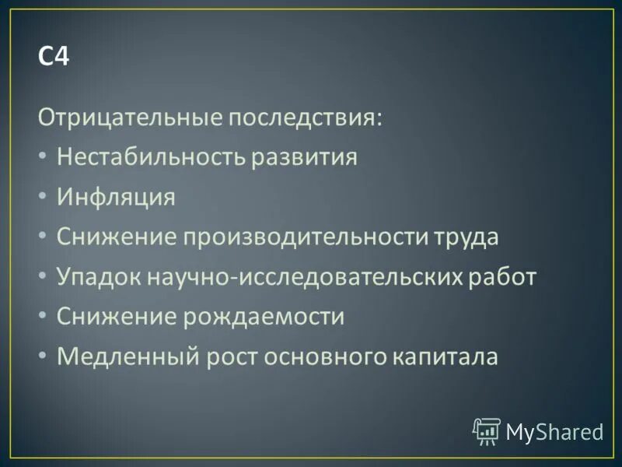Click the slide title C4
pyautogui.click(x=54, y=58)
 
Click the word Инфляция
pyautogui.click(x=116, y=197)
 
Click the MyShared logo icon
pyautogui.click(x=486, y=430)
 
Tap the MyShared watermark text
pyautogui.click(x=554, y=431)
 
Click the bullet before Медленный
pyautogui.click(x=42, y=357)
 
